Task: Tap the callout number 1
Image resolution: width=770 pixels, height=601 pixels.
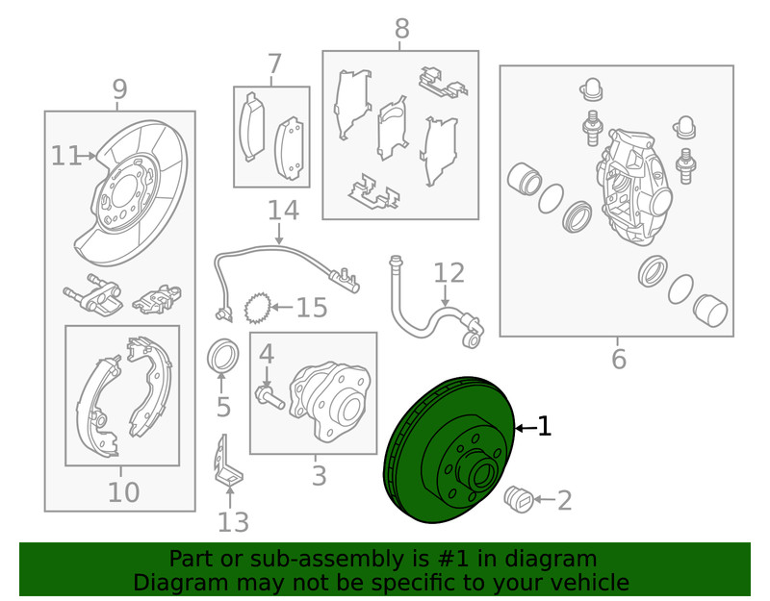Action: (544, 427)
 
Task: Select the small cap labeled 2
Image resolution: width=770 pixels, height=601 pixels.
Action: (519, 500)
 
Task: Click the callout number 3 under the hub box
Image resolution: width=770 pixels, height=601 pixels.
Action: (320, 475)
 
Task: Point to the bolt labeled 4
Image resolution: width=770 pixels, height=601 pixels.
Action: (269, 395)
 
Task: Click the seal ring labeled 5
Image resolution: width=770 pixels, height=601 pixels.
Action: (223, 355)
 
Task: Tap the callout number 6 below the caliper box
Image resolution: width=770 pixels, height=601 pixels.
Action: (619, 359)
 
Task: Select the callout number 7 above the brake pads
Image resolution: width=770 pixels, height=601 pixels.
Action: (274, 63)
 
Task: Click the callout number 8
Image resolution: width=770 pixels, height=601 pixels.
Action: (401, 29)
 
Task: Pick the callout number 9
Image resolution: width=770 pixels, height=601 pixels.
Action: (119, 89)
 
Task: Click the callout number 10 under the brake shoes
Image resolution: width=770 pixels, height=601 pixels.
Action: (124, 491)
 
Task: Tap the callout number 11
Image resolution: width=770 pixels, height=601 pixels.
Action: (66, 156)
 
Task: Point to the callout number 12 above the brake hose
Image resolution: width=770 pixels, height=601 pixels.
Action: (449, 273)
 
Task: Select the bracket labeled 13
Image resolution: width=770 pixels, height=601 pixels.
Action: (228, 462)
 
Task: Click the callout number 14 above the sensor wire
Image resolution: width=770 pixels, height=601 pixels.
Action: (283, 210)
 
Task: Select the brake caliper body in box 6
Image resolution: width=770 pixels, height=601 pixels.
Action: (633, 187)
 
